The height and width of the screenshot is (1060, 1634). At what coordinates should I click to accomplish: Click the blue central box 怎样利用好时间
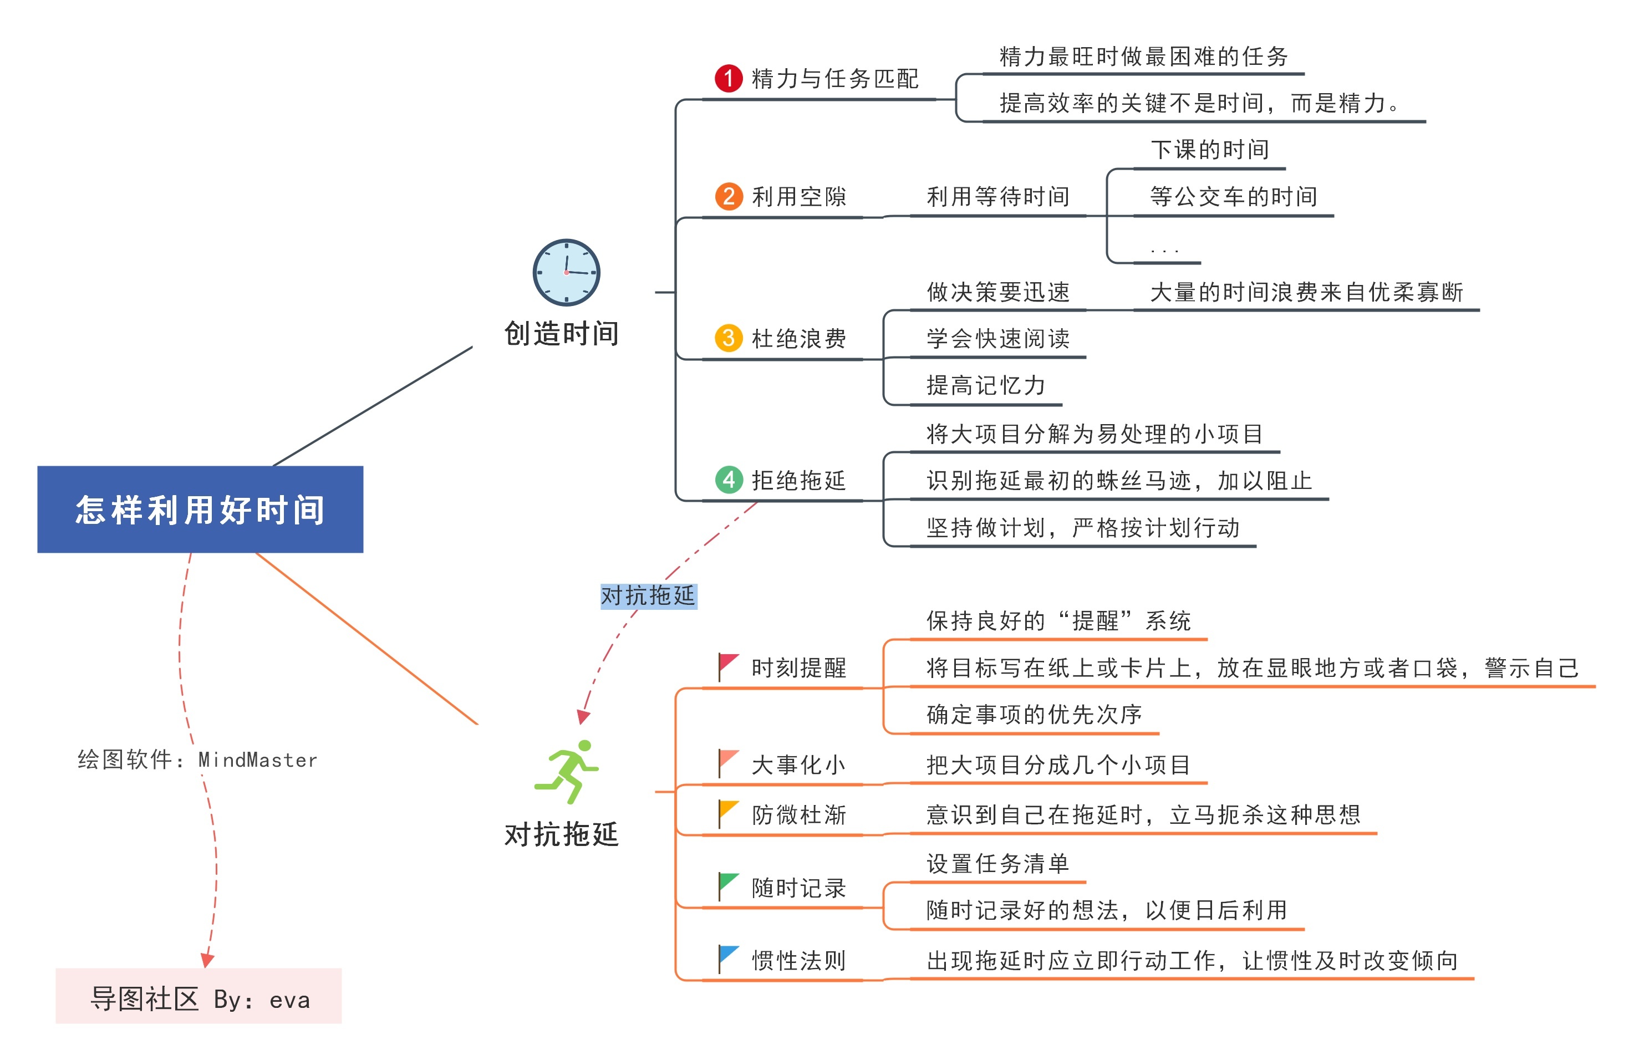coord(200,509)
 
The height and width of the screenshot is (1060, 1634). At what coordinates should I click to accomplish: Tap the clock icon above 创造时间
coord(567,273)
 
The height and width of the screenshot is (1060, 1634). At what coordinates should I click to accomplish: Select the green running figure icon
coord(567,771)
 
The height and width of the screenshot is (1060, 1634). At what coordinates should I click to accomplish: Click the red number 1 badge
coord(728,78)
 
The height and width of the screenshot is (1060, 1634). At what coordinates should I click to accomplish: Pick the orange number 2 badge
coord(729,196)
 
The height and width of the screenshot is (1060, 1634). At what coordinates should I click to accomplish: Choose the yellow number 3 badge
coord(729,338)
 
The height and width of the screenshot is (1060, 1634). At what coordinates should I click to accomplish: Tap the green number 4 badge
coord(729,479)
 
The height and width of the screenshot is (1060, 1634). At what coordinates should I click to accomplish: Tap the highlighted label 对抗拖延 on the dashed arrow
coord(648,595)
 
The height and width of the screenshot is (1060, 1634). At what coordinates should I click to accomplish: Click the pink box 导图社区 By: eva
coord(198,996)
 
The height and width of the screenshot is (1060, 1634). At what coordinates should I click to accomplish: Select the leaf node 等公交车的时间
coord(1233,197)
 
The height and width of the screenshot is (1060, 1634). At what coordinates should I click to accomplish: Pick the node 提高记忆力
coord(985,386)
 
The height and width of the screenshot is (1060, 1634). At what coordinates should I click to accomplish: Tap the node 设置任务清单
coord(997,863)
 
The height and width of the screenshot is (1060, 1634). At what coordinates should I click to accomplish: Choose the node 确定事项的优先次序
coord(1034,715)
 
